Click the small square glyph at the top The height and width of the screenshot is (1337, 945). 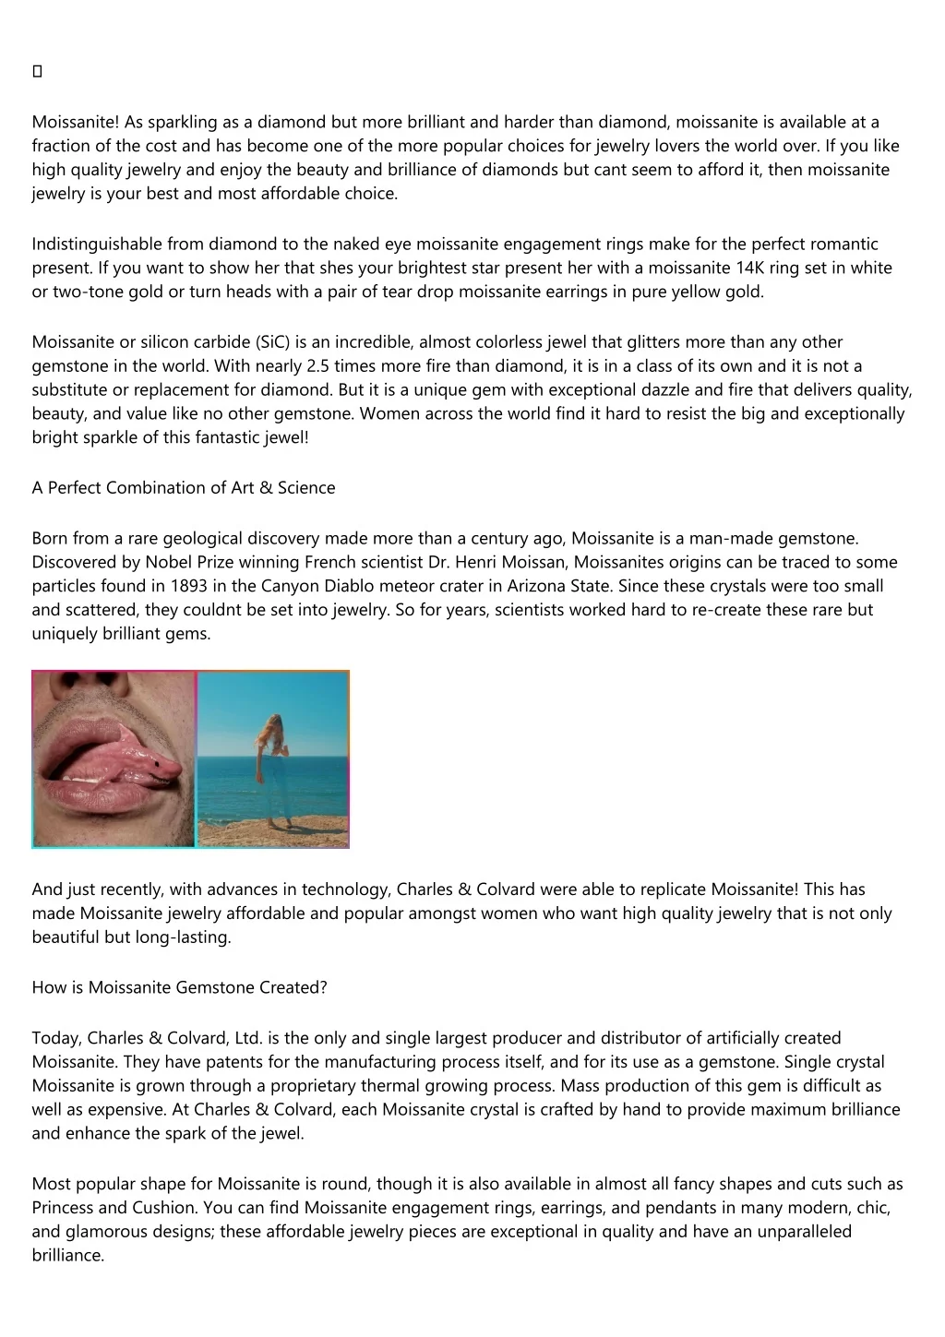point(37,72)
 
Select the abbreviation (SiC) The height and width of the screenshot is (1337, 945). point(274,342)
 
